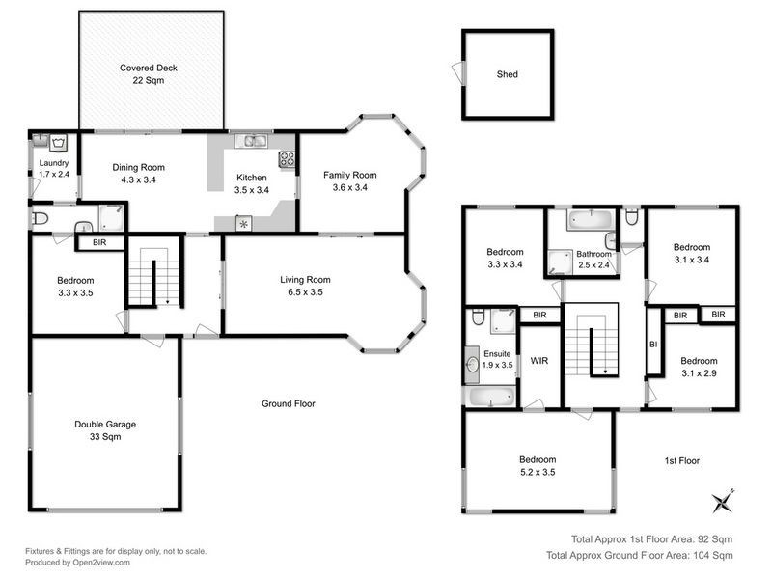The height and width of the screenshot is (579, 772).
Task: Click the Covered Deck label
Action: coord(149,69)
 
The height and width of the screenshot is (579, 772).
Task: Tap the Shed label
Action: coord(507,73)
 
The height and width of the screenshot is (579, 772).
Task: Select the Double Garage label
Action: coord(105,424)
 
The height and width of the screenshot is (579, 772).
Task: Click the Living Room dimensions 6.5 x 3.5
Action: coord(307,291)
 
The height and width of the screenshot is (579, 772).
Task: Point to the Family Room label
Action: coord(349,175)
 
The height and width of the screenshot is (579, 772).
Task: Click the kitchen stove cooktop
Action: coord(287,159)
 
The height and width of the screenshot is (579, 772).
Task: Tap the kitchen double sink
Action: coord(255,142)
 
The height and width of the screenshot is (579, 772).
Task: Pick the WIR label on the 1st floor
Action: coord(538,361)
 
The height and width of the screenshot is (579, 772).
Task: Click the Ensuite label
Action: coord(497,353)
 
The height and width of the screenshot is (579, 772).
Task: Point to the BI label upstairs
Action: coord(653,344)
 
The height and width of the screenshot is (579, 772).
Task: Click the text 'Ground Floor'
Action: coord(289,403)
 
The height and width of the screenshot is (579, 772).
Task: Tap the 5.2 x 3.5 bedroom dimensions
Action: coord(537,472)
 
